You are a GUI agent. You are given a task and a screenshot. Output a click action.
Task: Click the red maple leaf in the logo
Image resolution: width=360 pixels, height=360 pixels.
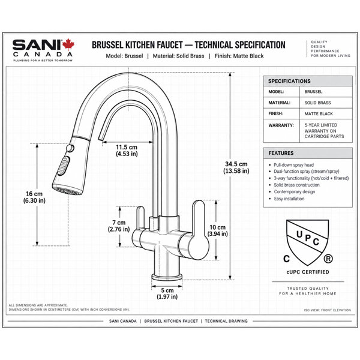(x=68, y=44)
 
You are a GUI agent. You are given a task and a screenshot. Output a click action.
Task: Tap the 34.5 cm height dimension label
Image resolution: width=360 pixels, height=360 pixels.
(x=236, y=167)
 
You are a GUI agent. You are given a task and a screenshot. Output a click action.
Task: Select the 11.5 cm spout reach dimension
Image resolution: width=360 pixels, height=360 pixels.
(x=127, y=151)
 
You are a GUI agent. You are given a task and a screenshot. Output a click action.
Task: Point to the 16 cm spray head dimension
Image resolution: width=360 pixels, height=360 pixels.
(x=34, y=197)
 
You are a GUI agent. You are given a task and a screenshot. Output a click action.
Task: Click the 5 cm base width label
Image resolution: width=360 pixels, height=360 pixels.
(x=167, y=293)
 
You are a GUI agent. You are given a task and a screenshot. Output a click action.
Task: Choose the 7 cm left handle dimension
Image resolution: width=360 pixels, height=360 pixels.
(x=119, y=226)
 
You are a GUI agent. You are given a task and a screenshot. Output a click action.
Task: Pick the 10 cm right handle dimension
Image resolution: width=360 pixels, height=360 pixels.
(x=217, y=230)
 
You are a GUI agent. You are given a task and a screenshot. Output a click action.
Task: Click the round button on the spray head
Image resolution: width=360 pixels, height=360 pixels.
(x=70, y=148)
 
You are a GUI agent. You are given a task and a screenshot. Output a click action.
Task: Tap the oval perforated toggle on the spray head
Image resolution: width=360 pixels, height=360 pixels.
(x=64, y=166)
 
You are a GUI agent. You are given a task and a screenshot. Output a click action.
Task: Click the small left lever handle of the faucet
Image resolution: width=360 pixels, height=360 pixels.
(x=140, y=218)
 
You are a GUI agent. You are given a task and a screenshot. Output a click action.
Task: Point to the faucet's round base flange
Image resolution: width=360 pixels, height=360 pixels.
(x=167, y=277)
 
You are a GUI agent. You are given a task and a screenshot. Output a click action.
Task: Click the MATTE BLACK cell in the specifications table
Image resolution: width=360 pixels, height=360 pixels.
(x=319, y=114)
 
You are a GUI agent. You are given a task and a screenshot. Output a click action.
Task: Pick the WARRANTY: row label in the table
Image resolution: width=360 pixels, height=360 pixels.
(x=281, y=125)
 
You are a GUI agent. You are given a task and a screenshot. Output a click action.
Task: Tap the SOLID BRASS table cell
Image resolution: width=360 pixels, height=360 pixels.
(x=317, y=103)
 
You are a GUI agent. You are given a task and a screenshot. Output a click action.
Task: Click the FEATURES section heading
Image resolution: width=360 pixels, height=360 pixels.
(x=281, y=153)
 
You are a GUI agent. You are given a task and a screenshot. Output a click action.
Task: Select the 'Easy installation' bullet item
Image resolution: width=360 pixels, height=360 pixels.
(x=289, y=199)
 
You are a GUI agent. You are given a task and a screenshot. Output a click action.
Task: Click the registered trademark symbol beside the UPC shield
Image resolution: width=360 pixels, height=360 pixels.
(x=328, y=259)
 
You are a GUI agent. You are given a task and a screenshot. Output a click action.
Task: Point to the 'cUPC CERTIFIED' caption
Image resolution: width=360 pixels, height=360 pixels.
(x=308, y=272)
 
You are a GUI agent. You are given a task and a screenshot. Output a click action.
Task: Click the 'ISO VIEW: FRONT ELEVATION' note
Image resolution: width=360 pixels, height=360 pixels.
(x=328, y=310)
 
